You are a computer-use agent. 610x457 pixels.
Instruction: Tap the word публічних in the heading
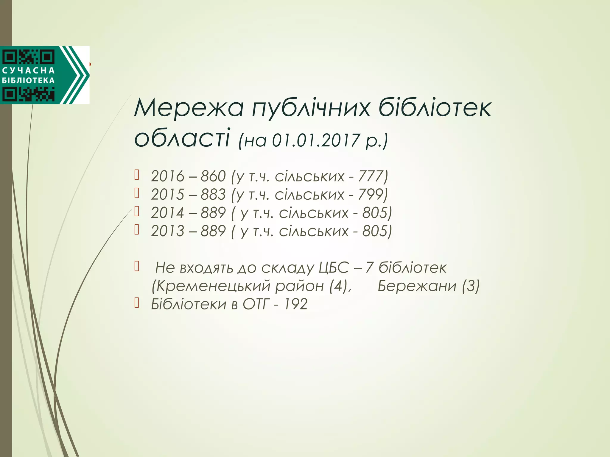point(311,108)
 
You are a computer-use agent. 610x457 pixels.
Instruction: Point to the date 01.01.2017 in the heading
point(316,140)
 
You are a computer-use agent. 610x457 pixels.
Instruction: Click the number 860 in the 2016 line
point(213,176)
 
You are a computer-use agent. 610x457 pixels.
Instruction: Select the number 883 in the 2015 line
point(213,195)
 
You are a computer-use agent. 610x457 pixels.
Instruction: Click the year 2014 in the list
point(167,213)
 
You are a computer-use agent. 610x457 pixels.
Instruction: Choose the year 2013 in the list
point(167,231)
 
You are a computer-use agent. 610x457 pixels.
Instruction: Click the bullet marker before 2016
point(137,175)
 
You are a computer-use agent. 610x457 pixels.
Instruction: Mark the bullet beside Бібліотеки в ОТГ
point(137,303)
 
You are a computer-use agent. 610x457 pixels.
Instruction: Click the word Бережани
point(417,286)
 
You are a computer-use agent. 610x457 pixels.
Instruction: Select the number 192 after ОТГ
point(295,304)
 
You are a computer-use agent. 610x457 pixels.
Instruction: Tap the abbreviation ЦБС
point(333,268)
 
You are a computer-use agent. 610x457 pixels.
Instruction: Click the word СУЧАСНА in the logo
point(28,71)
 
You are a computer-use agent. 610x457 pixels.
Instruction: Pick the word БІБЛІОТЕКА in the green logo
point(28,81)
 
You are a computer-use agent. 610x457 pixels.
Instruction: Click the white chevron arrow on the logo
point(78,75)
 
